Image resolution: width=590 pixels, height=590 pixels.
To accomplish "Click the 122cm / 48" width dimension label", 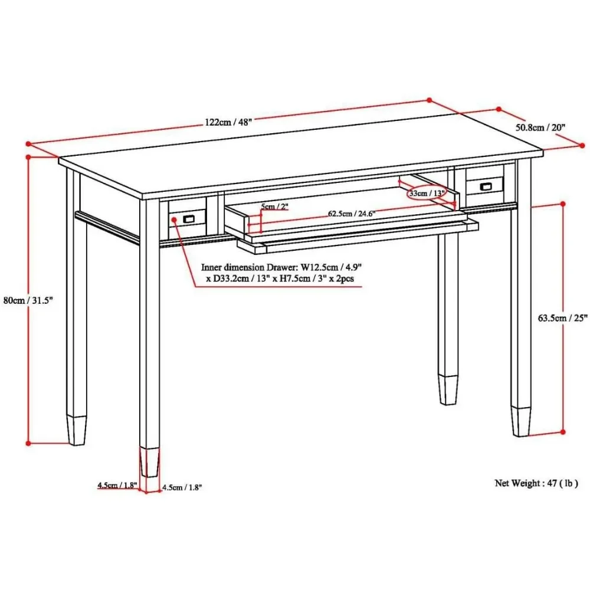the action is point(228,122).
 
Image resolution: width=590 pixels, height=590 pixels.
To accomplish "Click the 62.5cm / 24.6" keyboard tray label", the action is point(352,213).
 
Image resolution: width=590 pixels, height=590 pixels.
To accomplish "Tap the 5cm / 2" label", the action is point(275,206).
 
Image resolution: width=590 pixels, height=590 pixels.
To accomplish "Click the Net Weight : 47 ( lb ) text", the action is point(536,483).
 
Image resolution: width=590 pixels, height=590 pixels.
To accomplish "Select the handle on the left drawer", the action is point(189,219).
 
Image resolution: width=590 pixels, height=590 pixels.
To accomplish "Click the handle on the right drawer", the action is point(486,186).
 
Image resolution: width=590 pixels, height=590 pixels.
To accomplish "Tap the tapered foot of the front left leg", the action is point(149,461).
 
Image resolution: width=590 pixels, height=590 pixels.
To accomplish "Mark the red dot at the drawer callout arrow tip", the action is point(175,219).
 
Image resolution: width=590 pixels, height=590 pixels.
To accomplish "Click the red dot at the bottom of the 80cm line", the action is point(28,442).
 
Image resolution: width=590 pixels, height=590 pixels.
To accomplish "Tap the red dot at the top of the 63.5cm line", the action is point(563,204).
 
